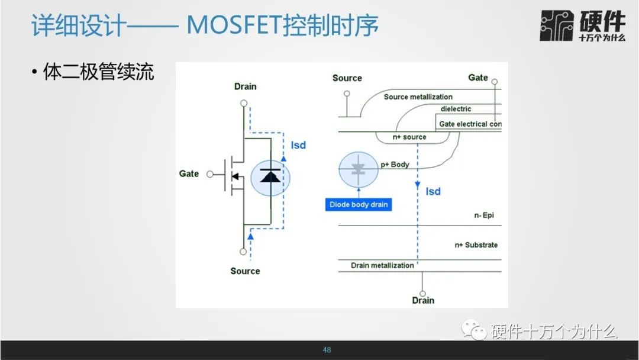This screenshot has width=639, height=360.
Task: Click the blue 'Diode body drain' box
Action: (x=359, y=204)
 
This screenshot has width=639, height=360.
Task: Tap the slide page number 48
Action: (x=327, y=350)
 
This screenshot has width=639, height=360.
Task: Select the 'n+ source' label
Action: (x=409, y=137)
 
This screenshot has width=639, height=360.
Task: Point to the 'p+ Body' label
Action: (x=395, y=164)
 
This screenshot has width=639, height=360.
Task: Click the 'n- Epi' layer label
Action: (x=484, y=216)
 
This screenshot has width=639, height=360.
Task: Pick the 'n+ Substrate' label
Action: (x=476, y=245)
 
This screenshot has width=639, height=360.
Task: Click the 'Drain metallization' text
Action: (x=382, y=265)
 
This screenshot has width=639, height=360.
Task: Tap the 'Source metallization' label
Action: (x=418, y=97)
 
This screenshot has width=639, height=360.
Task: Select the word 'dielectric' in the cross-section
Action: (x=456, y=109)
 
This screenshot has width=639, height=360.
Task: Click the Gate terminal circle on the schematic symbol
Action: (x=210, y=175)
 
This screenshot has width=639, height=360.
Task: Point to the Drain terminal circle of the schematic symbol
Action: (x=244, y=103)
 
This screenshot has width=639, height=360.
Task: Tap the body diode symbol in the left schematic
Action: (x=270, y=178)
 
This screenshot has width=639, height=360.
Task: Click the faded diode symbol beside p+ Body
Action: (x=358, y=169)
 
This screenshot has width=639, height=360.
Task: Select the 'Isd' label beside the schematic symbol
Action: (x=298, y=145)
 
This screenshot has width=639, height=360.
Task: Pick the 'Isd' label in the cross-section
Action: (x=433, y=192)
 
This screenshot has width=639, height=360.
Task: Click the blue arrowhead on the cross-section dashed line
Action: (x=417, y=185)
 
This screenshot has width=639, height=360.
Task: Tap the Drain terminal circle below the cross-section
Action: (x=422, y=294)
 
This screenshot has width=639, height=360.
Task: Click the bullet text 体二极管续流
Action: (x=98, y=72)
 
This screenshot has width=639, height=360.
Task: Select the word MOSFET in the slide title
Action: (x=234, y=25)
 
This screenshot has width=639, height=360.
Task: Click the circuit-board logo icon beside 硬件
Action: (x=556, y=25)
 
